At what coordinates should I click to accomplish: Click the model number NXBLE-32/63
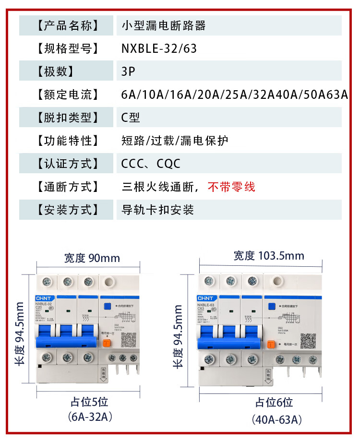click(x=159, y=48)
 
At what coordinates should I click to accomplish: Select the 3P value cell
click(x=129, y=71)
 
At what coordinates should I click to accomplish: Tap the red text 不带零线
click(x=231, y=187)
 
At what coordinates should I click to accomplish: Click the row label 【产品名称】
click(x=67, y=25)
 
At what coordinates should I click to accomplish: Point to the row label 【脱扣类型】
click(x=67, y=118)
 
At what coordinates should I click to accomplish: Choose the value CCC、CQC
click(x=151, y=164)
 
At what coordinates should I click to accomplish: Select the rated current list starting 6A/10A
click(x=234, y=95)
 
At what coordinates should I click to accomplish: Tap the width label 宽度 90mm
click(x=92, y=258)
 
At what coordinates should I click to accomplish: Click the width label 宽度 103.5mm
click(x=269, y=255)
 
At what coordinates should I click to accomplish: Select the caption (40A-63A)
click(x=277, y=420)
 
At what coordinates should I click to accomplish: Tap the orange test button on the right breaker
click(x=271, y=344)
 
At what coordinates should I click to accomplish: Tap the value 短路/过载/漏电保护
click(x=175, y=141)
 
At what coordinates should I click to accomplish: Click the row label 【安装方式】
click(x=67, y=210)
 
